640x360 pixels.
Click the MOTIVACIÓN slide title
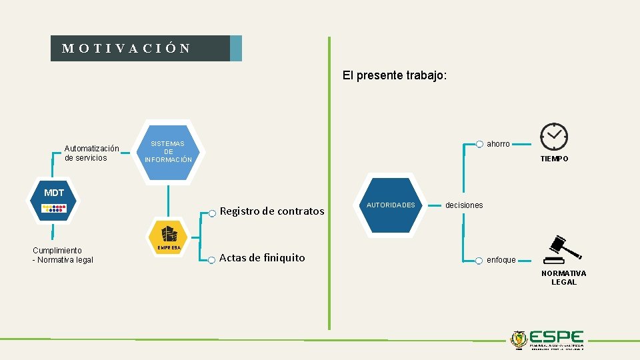pos(127,49)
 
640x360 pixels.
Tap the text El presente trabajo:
pos(395,76)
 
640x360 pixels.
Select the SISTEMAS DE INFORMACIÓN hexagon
pos(168,152)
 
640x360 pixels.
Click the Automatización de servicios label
pos(92,153)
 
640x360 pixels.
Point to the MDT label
pos(54,193)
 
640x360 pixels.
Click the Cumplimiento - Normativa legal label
pos(63,255)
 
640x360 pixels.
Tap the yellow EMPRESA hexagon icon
pos(168,237)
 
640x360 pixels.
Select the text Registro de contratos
pos(272,211)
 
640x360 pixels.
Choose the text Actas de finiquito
pos(262,258)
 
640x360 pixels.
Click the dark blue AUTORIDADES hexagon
pos(391,205)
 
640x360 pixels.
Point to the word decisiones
pos(464,205)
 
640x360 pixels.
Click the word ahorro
pos(498,144)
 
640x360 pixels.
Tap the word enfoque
pos(501,260)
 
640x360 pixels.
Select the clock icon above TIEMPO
pos(554,137)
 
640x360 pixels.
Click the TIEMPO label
pos(554,159)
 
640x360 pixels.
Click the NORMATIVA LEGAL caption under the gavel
pos(563,278)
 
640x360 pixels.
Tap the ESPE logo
pos(547,339)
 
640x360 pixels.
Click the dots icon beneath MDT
pos(54,209)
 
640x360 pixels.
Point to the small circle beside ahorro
pos(479,144)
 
